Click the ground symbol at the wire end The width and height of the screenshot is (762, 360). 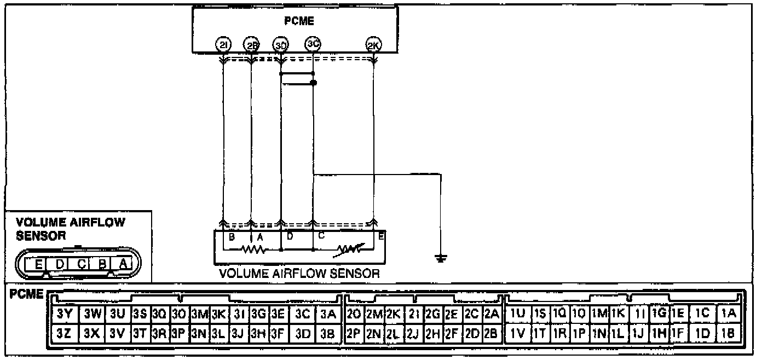point(440,258)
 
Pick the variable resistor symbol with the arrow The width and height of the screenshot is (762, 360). point(348,249)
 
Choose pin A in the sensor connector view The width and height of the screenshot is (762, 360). point(123,264)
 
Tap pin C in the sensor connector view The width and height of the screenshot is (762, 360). point(81,264)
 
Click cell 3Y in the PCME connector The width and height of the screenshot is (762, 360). point(64,314)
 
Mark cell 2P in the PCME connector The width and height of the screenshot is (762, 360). point(354,332)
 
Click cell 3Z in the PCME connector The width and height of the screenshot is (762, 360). point(64,332)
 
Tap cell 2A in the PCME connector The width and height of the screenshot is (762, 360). point(491,314)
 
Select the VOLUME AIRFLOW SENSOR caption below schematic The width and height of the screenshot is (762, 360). point(299,274)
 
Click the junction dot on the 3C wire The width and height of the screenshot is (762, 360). point(313,83)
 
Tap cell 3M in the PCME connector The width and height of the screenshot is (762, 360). point(200,314)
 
